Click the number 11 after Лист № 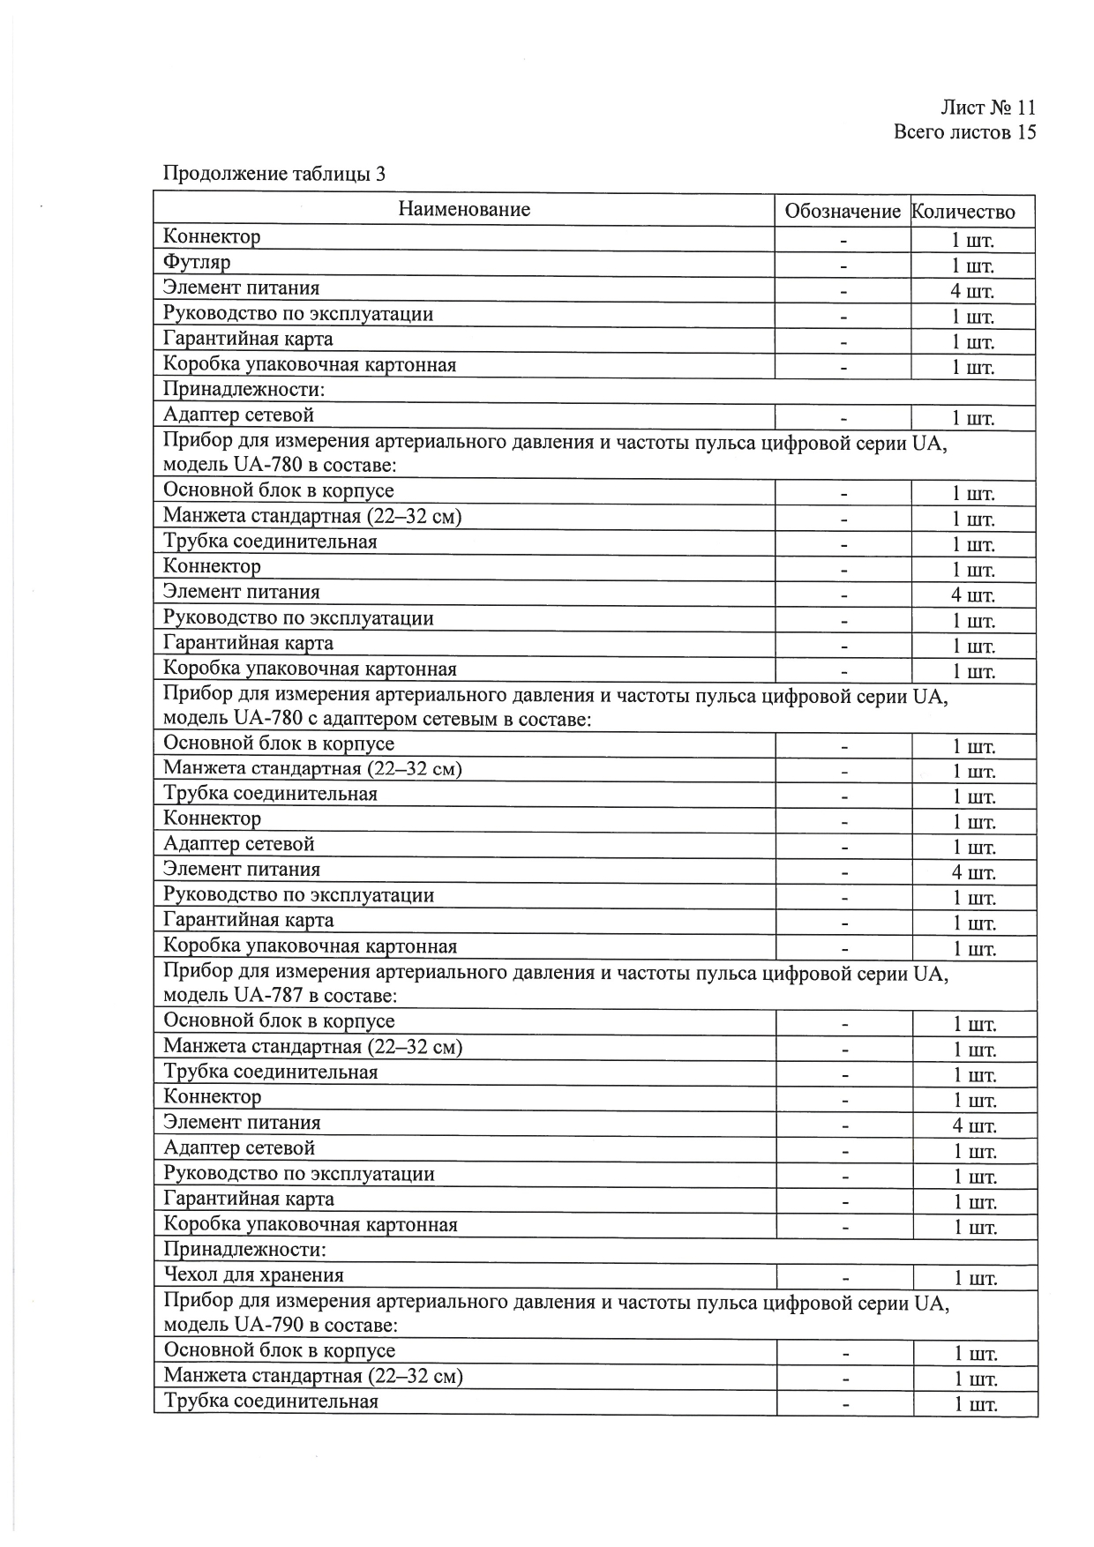coord(1025,108)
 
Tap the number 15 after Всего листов coord(1025,132)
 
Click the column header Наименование coord(464,209)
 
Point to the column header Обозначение coord(843,212)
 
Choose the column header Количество coord(963,212)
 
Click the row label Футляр coord(197,262)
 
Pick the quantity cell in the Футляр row coord(972,266)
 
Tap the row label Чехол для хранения coord(254,1274)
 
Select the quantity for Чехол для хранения coord(975,1279)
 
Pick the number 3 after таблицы coord(380,174)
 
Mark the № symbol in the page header coord(1000,108)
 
